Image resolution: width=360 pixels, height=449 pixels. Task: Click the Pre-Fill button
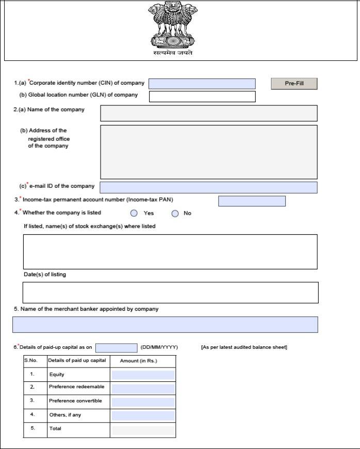294,84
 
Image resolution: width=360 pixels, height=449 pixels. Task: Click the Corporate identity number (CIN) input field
202,84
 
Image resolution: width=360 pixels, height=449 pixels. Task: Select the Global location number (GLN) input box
202,97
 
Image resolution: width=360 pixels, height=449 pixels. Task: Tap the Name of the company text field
208,113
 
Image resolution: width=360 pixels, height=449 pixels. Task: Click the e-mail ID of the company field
208,187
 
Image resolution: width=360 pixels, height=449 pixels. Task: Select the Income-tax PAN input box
252,201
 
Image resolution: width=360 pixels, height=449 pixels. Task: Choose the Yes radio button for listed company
134,213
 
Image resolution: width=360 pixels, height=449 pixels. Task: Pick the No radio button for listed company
175,213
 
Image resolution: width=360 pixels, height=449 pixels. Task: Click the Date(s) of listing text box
170,292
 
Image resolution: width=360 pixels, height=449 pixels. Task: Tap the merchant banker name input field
165,325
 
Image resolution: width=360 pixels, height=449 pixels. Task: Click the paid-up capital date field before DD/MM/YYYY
116,348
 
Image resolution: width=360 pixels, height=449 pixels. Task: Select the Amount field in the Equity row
143,375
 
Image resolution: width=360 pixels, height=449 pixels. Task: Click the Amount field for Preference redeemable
143,388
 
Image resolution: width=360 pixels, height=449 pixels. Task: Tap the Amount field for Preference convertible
143,402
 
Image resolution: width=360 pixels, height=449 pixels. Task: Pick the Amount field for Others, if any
143,415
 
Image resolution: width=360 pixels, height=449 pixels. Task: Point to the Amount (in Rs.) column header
138,361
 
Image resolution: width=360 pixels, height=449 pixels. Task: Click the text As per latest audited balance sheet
243,347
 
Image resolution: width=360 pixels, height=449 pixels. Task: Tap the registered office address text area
208,152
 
